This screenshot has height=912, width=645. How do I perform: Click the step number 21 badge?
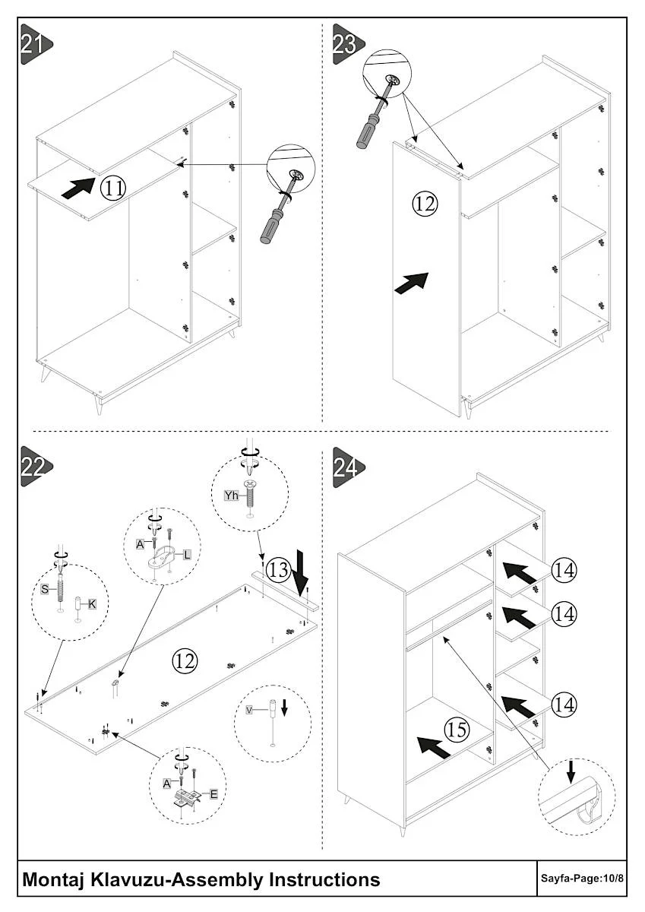click(x=36, y=44)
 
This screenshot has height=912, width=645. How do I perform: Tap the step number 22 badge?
click(x=36, y=467)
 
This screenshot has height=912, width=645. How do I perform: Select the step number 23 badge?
click(x=349, y=44)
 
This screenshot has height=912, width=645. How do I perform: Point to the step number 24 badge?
click(x=349, y=467)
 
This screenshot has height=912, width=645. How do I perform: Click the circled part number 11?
click(x=113, y=188)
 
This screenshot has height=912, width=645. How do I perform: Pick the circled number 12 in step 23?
click(x=425, y=203)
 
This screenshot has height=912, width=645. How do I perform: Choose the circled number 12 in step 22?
click(x=185, y=660)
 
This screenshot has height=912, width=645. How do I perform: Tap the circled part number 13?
click(x=278, y=569)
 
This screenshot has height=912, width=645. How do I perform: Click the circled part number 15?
click(x=457, y=730)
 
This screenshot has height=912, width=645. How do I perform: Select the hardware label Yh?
click(x=232, y=495)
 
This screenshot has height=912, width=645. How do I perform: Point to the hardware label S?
click(x=45, y=589)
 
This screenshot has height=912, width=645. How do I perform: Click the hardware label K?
click(x=92, y=604)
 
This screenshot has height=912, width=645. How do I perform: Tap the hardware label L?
click(x=187, y=555)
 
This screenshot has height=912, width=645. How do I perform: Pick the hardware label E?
click(x=213, y=794)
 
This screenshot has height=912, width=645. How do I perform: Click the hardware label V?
click(x=249, y=710)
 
